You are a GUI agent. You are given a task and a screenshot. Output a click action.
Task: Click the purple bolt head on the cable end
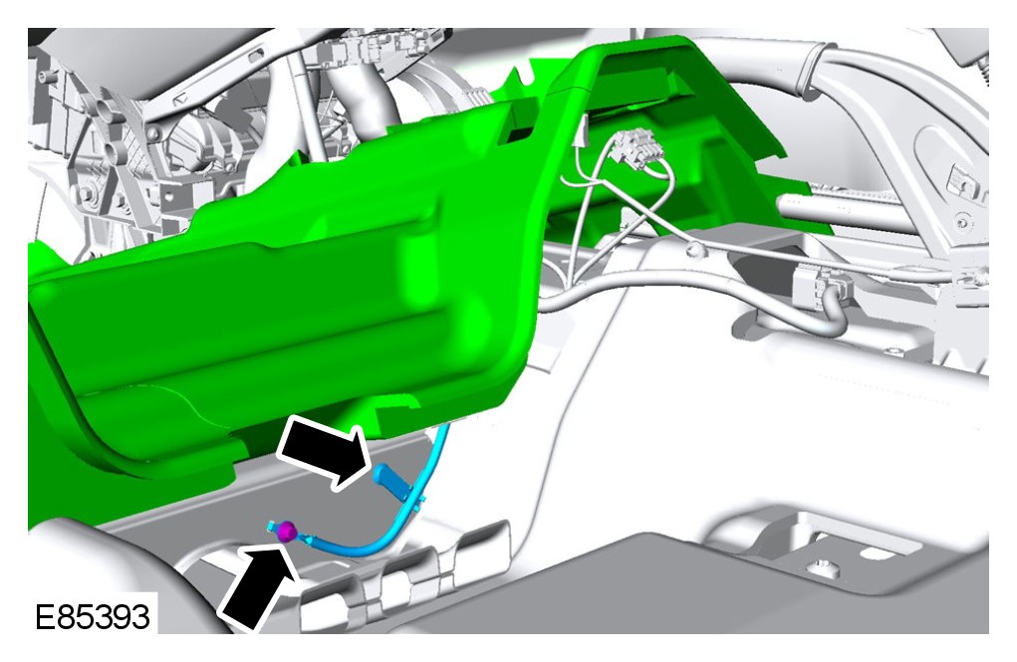(x=287, y=533)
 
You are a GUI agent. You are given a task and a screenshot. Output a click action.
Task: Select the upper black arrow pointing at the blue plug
(x=326, y=451)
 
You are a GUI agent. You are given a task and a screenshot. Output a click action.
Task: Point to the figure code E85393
(x=93, y=616)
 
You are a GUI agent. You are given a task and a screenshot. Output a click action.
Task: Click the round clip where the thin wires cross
(x=695, y=249)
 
